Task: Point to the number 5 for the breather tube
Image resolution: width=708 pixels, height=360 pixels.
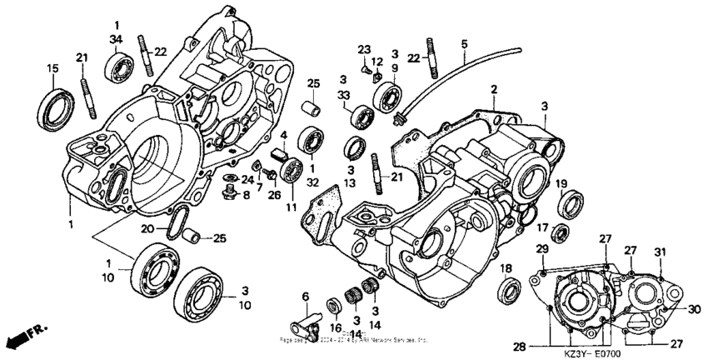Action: pos(464,43)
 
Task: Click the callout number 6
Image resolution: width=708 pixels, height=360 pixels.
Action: pos(306,297)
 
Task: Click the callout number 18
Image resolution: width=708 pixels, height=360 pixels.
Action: pos(506,268)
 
